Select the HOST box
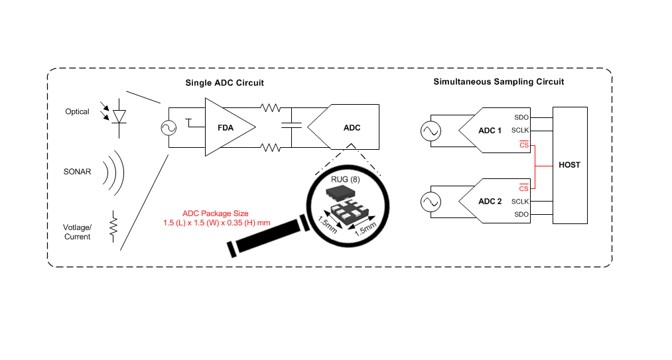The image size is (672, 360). point(570,166)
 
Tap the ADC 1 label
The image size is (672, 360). point(490,131)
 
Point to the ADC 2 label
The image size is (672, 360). point(490,202)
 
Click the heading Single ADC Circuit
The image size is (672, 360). point(225,83)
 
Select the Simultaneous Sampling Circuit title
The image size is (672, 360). point(498,82)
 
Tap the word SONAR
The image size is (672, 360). point(77,172)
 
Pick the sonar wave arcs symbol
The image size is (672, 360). point(114,173)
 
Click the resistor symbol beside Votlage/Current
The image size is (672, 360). point(113,226)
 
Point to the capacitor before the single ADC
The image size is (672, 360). point(291,125)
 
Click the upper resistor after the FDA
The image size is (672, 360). point(271,107)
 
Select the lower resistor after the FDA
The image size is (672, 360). point(271,147)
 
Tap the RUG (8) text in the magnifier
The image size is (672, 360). point(346,179)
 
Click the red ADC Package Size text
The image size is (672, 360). point(216,217)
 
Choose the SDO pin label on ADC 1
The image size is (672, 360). point(521,117)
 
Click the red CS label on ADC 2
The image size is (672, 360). point(523,188)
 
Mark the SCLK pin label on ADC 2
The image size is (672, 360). point(520,202)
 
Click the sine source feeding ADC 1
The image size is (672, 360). point(431,131)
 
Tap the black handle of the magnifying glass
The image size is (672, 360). point(268,237)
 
